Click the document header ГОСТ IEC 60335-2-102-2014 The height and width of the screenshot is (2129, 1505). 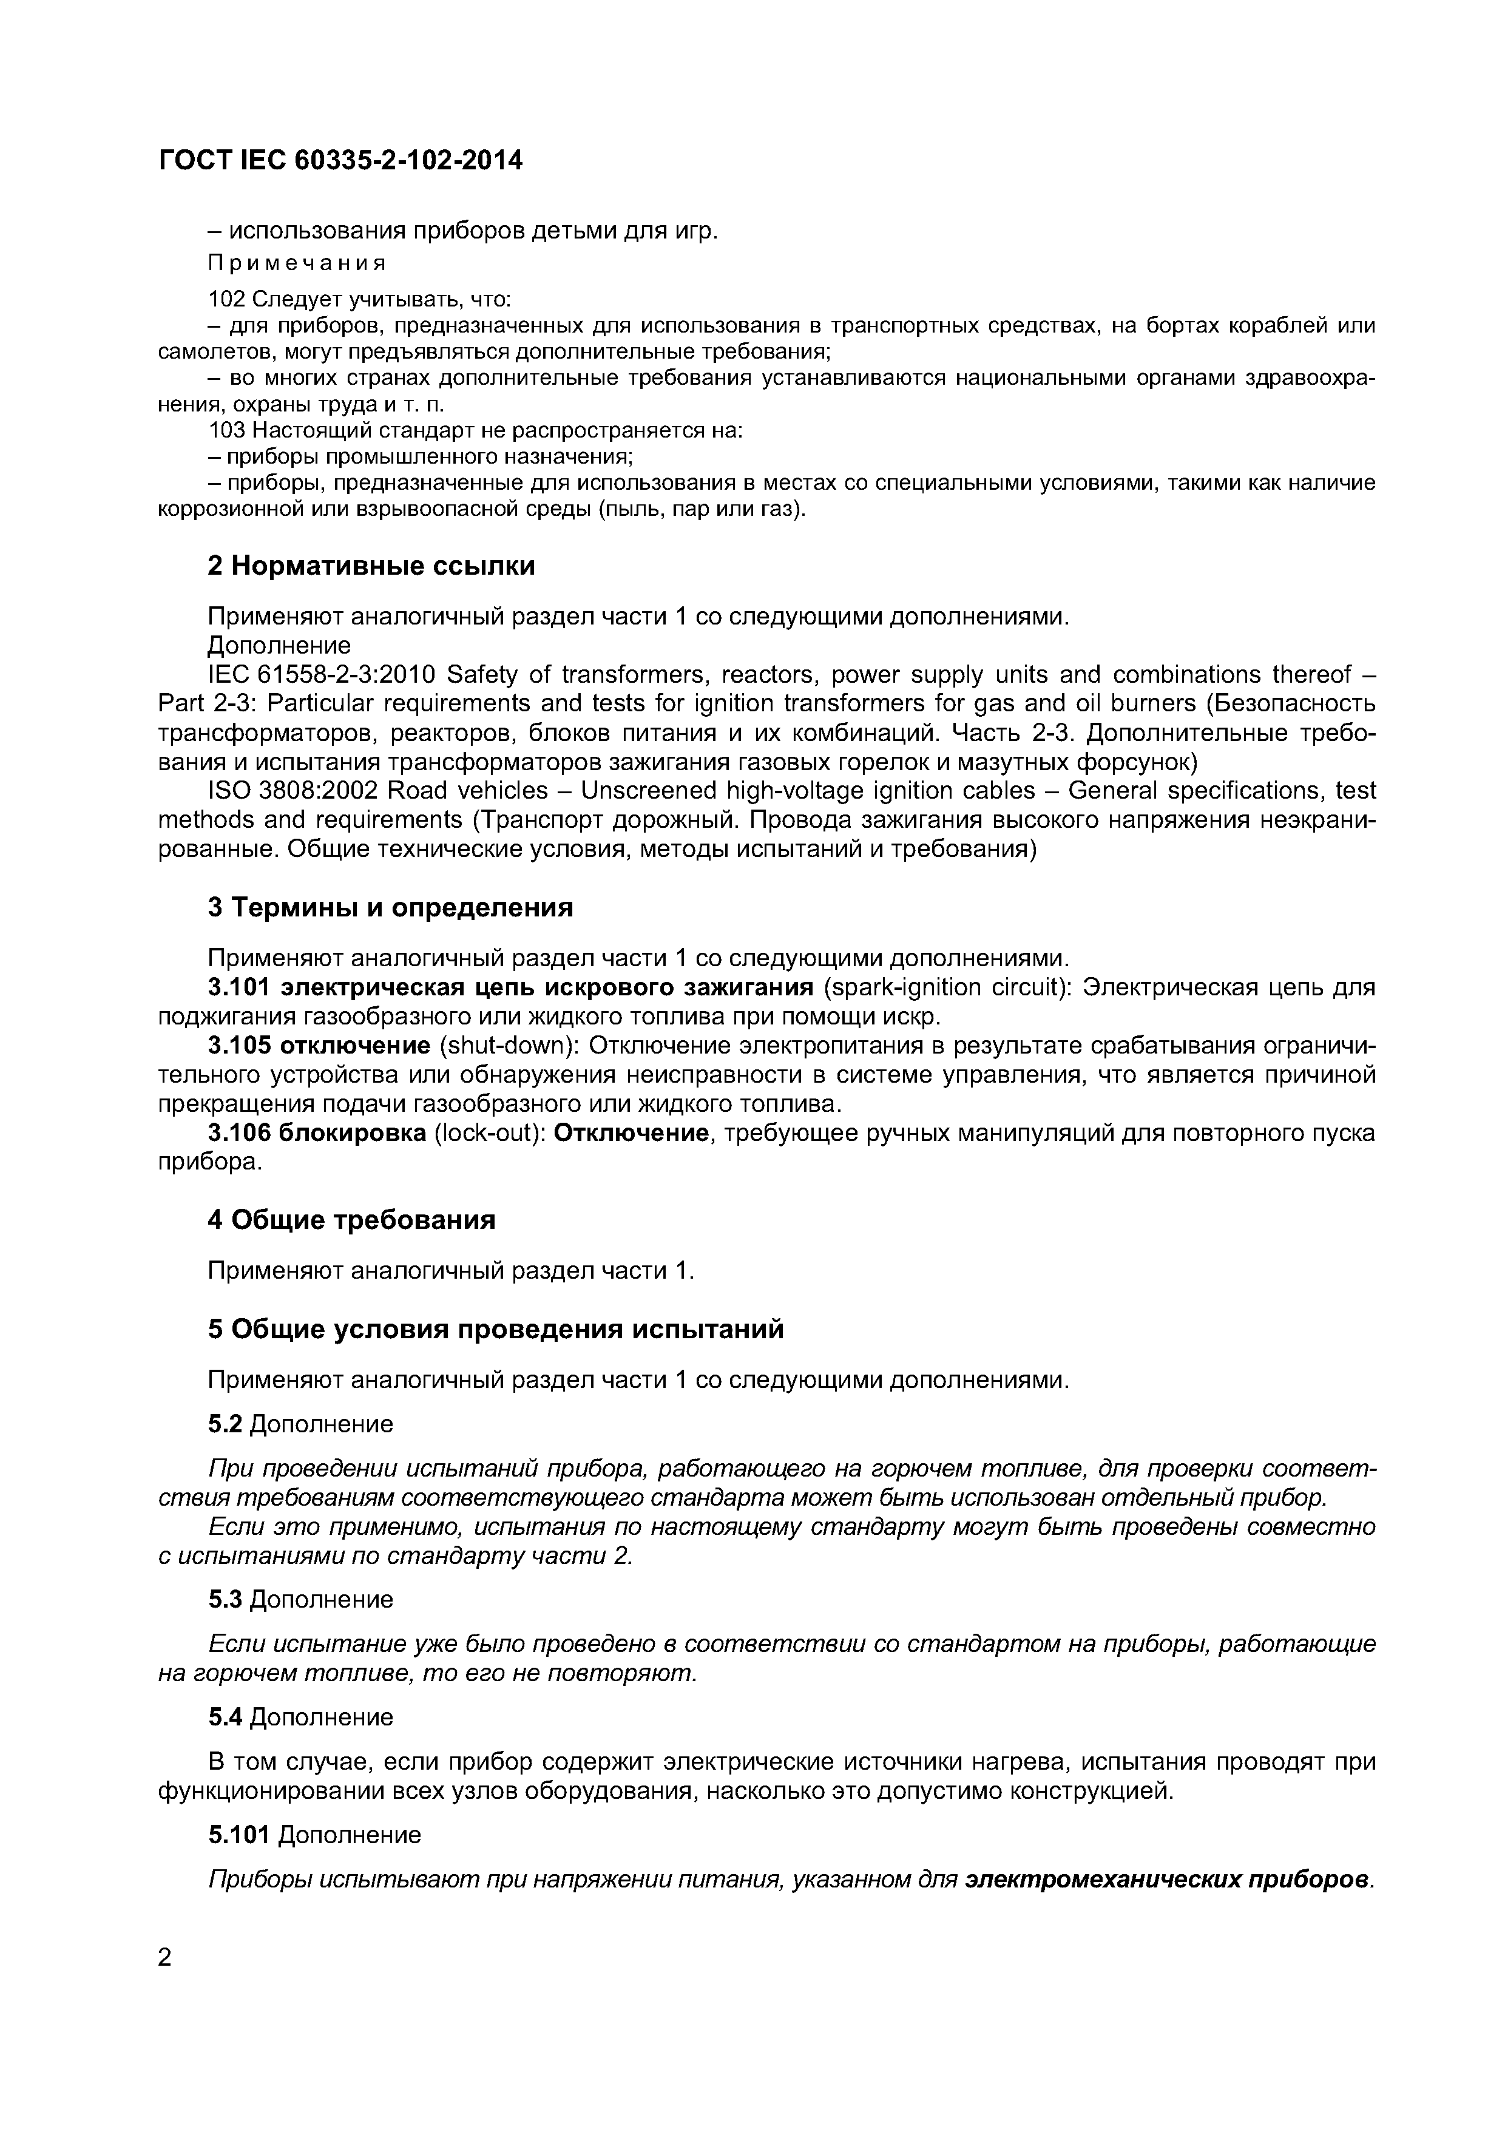click(340, 161)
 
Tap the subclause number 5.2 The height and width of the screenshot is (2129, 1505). click(225, 1424)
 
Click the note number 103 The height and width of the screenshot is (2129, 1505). click(227, 431)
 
